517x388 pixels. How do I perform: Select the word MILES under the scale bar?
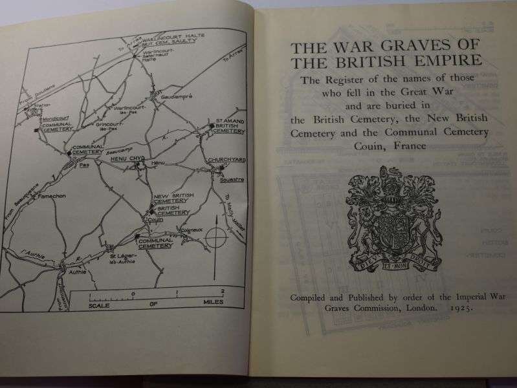tap(210, 302)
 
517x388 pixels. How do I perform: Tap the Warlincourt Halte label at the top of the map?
tap(166, 37)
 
